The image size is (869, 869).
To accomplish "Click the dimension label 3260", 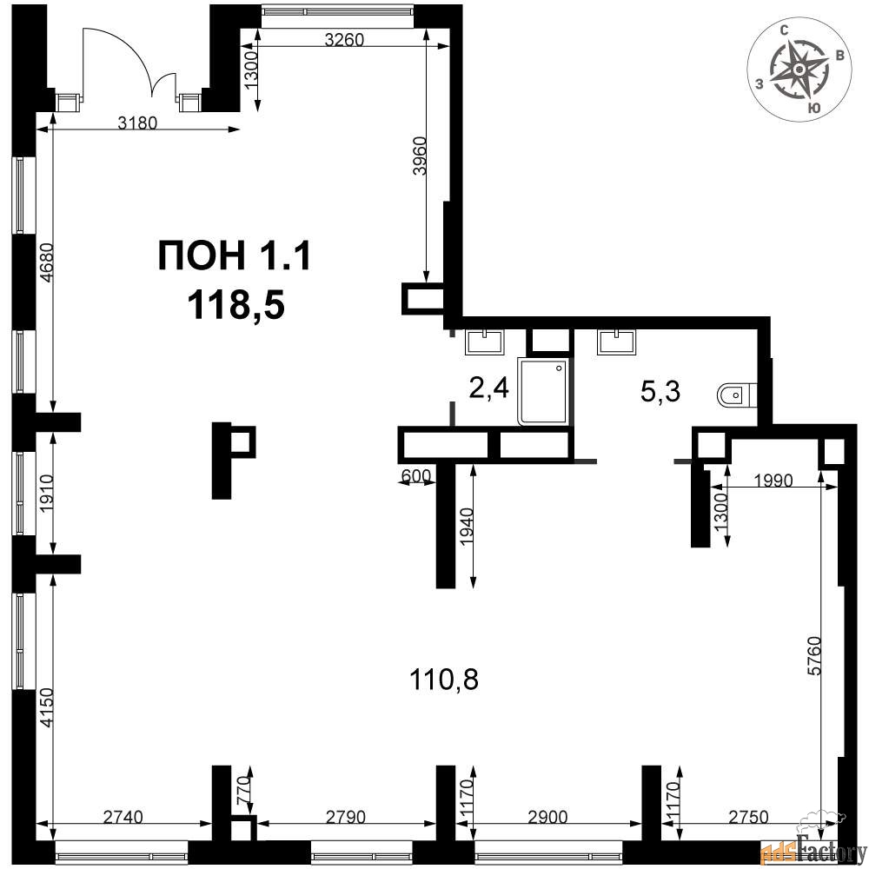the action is (x=344, y=39).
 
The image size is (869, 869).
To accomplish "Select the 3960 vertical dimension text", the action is (x=421, y=156).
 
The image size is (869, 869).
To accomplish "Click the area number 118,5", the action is (x=236, y=305).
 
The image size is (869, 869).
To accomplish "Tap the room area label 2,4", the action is (x=488, y=388).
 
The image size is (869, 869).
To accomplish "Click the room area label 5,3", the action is (x=660, y=392).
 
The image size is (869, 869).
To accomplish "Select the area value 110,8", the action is (x=443, y=679).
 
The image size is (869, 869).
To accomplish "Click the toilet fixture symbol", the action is (x=737, y=395).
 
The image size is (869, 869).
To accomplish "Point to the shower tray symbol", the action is (x=542, y=391).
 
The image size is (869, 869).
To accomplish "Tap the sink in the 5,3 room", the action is (x=617, y=342).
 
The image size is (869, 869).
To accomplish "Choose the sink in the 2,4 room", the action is (x=485, y=342).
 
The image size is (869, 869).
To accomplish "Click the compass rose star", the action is (x=799, y=69).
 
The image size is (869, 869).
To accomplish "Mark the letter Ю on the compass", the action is (x=813, y=108).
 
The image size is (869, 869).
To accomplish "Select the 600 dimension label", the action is (x=415, y=475).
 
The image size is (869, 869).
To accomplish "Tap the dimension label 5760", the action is (x=814, y=656).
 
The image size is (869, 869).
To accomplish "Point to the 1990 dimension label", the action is (x=773, y=480).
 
